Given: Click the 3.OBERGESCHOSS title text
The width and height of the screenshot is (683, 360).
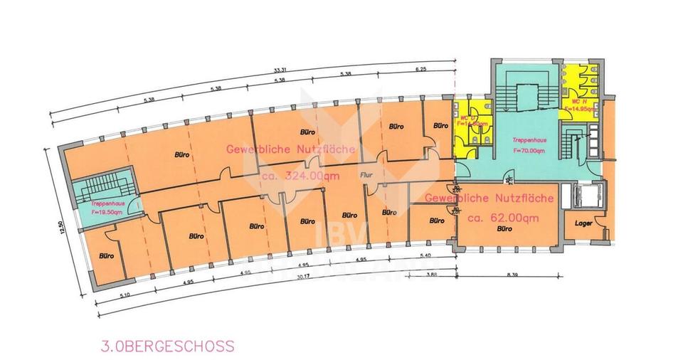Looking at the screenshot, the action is click(167, 346).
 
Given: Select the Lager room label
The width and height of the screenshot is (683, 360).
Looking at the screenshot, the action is click(584, 225).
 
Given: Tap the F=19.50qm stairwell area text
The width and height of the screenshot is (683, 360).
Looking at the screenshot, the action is click(105, 211).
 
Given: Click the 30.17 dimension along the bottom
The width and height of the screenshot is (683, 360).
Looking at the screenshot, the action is click(305, 277).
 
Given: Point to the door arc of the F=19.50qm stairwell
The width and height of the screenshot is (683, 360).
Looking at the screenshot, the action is click(139, 208).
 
